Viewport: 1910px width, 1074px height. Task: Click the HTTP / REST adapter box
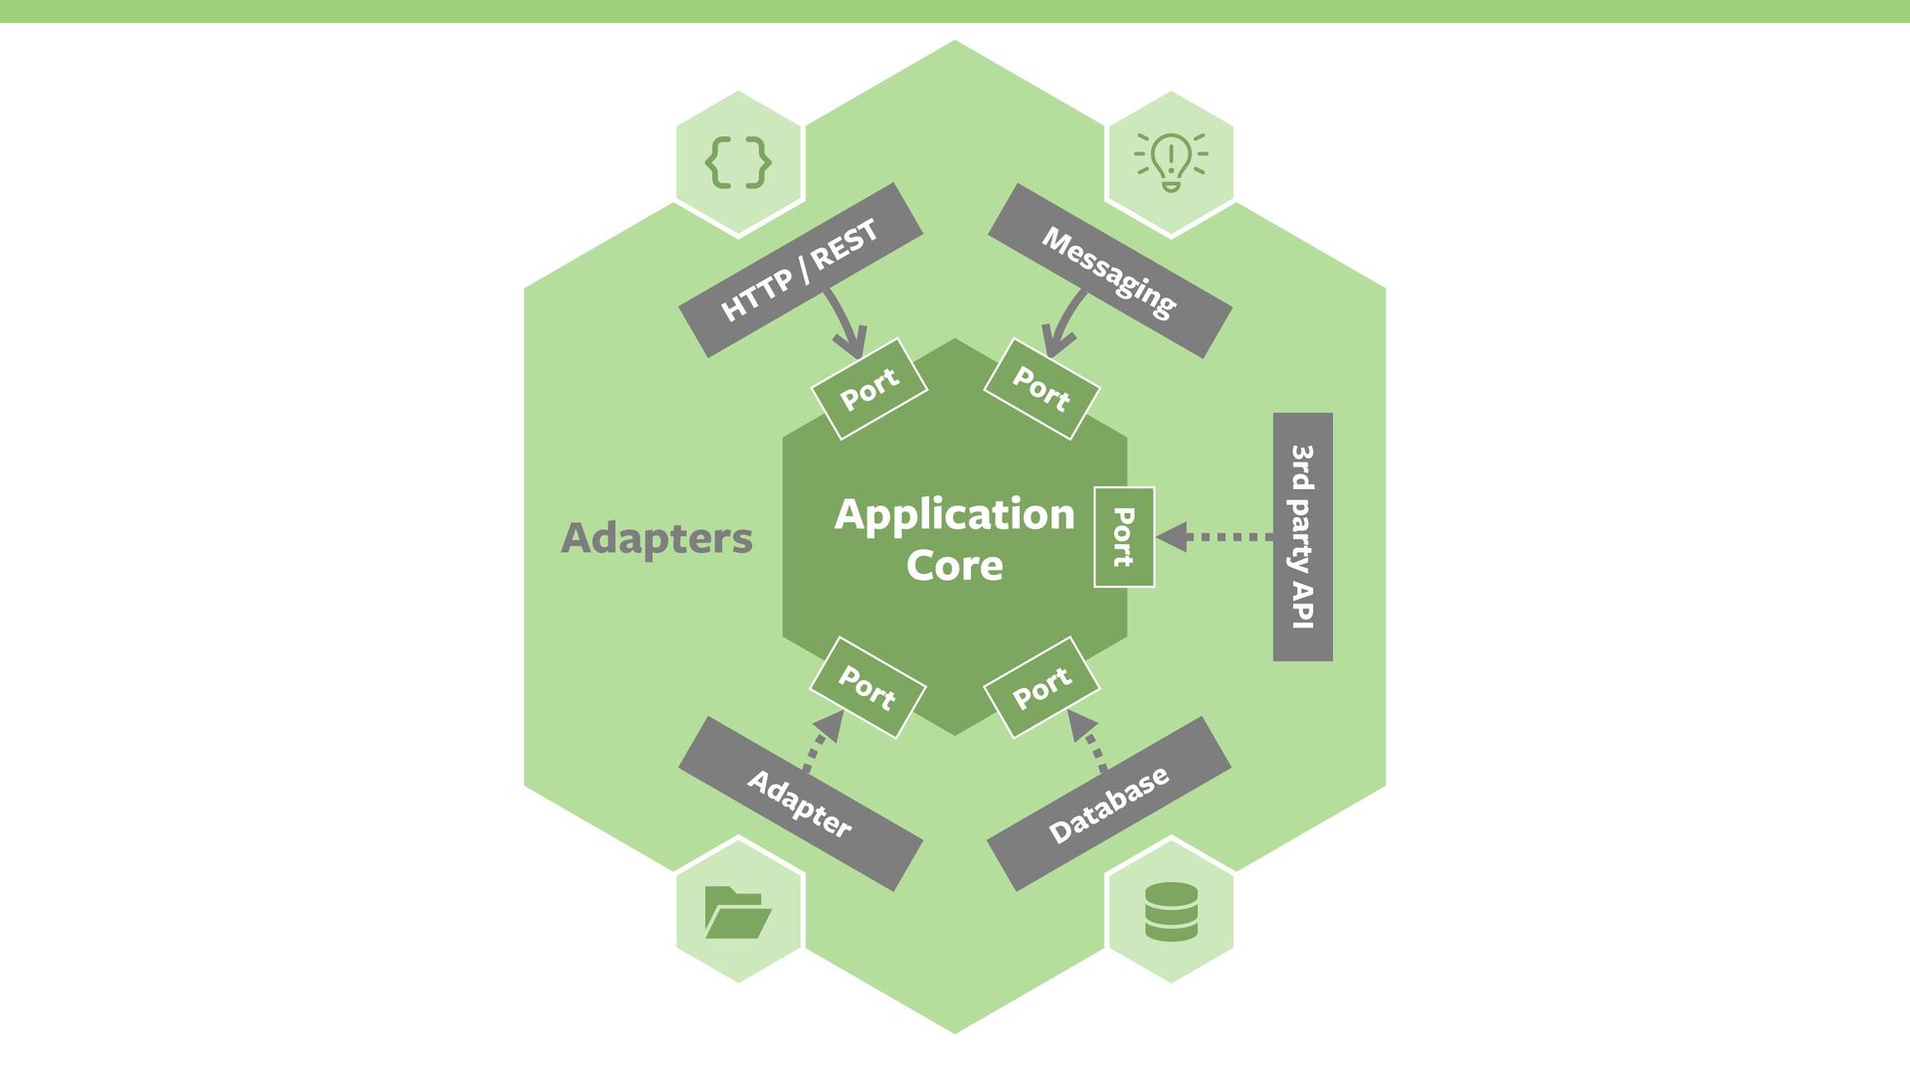[x=800, y=269]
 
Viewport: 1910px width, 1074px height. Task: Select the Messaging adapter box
[x=1109, y=270]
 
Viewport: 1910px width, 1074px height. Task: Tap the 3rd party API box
[x=1302, y=537]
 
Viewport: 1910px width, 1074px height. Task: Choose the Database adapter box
[x=1109, y=805]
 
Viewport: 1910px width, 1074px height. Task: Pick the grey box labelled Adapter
[x=800, y=804]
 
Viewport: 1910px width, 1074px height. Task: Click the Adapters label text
[x=657, y=538]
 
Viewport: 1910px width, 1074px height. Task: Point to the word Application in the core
[x=955, y=514]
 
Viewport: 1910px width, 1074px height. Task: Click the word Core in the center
[x=955, y=565]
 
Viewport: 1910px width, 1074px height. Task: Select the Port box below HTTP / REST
[x=869, y=389]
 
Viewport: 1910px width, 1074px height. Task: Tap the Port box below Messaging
[x=1042, y=389]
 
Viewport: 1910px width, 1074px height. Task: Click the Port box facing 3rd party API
[x=1124, y=537]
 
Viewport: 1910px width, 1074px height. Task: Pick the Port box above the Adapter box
[x=867, y=687]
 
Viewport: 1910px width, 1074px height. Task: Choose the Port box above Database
[x=1042, y=687]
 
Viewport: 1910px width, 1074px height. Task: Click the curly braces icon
[x=738, y=163]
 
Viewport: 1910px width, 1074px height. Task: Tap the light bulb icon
[x=1171, y=162]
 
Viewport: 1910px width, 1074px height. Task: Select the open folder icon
[x=737, y=911]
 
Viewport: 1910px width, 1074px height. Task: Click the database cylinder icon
[x=1171, y=911]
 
